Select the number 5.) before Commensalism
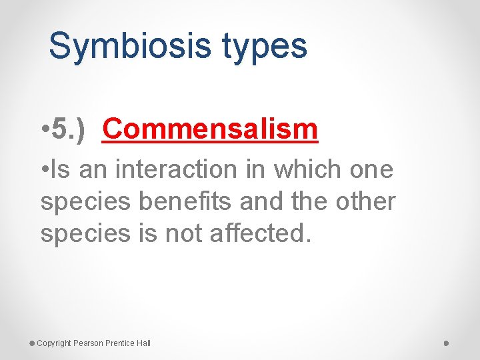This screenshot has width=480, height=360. tap(69, 129)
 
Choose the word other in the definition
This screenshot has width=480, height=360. tap(365, 201)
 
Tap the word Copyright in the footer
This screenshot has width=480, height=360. tap(54, 343)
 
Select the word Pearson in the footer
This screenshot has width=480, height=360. tap(89, 343)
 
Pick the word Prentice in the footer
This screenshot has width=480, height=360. tap(121, 343)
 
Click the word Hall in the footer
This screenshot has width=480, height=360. tap(143, 343)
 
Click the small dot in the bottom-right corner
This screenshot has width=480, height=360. tap(447, 343)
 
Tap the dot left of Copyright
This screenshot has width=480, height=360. tap(32, 343)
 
